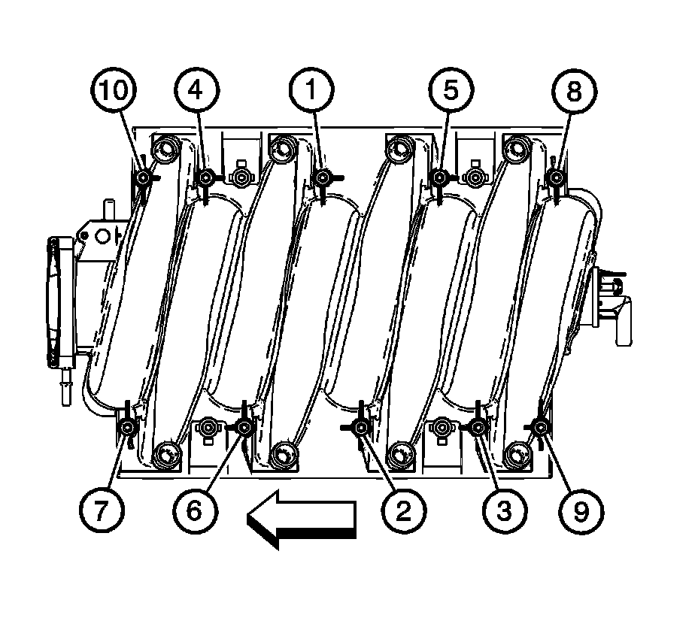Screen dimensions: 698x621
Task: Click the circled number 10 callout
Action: click(x=113, y=90)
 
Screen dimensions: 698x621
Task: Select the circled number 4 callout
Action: click(x=196, y=90)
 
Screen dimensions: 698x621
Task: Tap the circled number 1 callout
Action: click(x=311, y=90)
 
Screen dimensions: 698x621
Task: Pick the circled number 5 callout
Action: click(x=451, y=90)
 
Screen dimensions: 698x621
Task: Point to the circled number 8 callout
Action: click(x=574, y=91)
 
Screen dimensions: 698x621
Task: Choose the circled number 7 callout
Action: click(x=102, y=510)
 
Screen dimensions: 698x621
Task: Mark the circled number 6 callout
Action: click(x=195, y=510)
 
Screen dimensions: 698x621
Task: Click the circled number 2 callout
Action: click(x=403, y=511)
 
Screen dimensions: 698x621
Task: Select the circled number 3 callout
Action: click(x=505, y=511)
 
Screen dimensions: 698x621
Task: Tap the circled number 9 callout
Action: click(x=581, y=511)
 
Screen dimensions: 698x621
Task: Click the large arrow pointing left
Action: click(x=302, y=519)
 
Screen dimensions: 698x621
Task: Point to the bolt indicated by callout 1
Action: click(x=322, y=178)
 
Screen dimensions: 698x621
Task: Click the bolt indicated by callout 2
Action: click(x=362, y=428)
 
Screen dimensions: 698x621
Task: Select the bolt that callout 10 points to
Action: click(x=143, y=178)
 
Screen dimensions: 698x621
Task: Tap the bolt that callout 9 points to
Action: click(x=541, y=428)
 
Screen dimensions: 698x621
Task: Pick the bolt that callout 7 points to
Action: click(x=128, y=428)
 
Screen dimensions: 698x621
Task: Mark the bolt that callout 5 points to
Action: click(x=439, y=178)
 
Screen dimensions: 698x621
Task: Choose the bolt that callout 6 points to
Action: click(x=244, y=428)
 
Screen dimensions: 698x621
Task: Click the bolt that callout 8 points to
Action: click(x=555, y=178)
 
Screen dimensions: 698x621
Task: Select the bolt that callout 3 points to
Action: click(x=478, y=428)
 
